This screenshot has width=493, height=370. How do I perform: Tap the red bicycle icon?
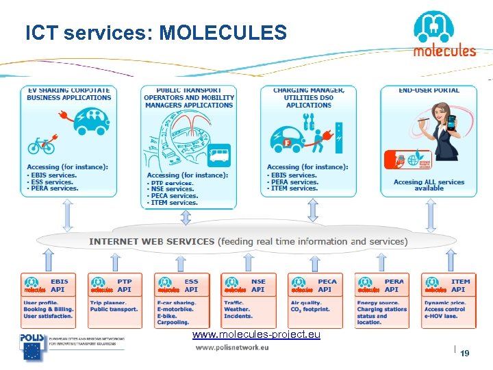click(x=41, y=145)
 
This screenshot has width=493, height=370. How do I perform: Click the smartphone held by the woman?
click(x=452, y=123)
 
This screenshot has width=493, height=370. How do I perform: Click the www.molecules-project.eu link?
click(x=256, y=335)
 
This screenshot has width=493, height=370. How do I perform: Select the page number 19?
click(x=465, y=354)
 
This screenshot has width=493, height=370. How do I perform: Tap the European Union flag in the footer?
click(x=32, y=351)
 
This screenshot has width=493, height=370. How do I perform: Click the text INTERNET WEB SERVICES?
click(x=151, y=241)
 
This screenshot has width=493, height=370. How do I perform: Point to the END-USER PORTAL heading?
click(x=429, y=90)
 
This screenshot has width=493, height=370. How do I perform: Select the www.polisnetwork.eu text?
click(x=232, y=347)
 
